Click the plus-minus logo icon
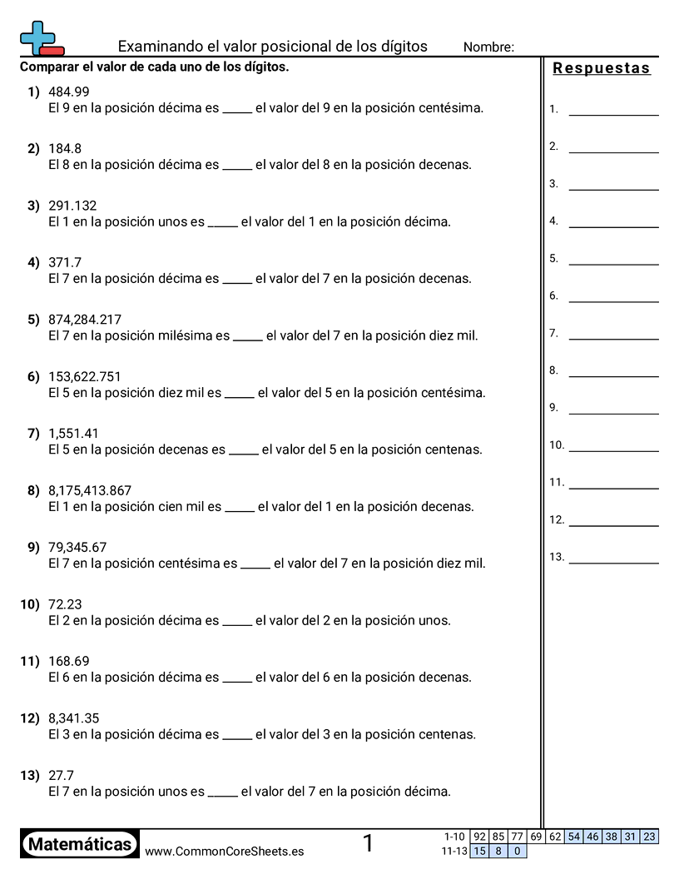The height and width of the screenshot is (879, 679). coord(41,38)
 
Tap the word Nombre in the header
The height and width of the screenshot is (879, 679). coord(488,47)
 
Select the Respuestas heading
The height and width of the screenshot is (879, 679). coord(602,68)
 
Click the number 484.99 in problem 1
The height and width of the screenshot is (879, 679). coord(69,92)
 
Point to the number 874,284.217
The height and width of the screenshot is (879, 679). coord(85,320)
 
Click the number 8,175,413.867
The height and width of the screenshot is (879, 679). coord(90,490)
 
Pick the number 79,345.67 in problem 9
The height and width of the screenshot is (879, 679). coord(77,548)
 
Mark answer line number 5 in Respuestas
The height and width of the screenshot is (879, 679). coord(613,264)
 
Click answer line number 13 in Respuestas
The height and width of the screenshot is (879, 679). coord(613,563)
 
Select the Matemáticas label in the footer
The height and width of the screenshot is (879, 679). coord(80,845)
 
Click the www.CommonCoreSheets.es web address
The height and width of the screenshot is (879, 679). coord(224,852)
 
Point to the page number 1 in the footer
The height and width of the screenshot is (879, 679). coord(368,844)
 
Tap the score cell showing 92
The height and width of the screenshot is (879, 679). coord(479,837)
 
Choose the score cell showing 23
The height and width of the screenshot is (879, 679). coord(649,837)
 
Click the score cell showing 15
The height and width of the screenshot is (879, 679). coord(479,851)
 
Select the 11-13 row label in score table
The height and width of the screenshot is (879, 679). coord(455,851)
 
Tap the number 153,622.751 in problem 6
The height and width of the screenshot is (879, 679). coord(85,376)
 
